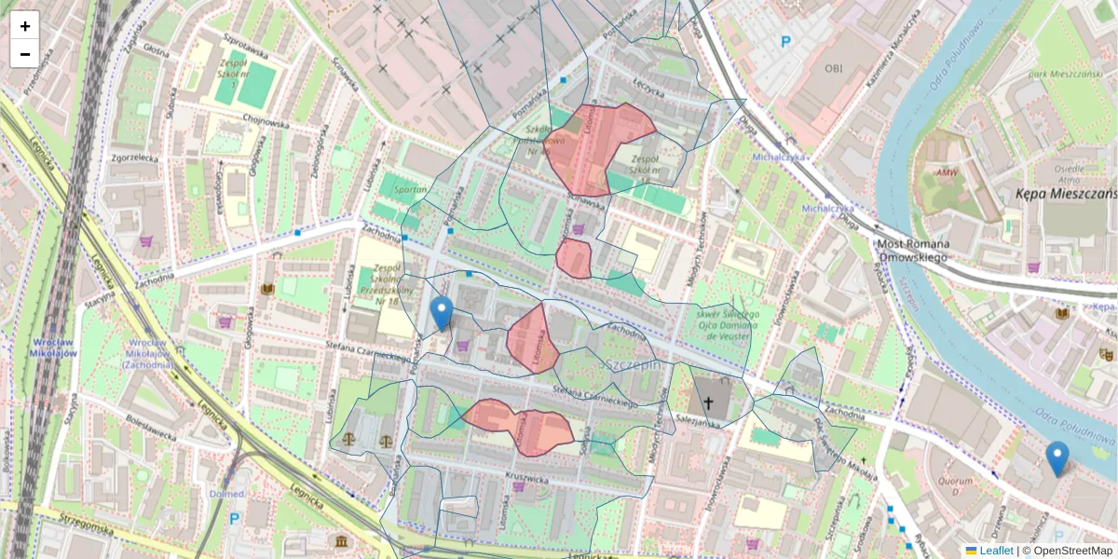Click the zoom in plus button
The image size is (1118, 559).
coord(24,26)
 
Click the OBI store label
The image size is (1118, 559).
coord(833,68)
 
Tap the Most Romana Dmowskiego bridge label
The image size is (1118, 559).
coord(912,250)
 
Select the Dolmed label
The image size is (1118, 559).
coord(226,494)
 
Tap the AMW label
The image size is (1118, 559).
coord(947,171)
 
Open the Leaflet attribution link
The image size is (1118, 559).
coord(996,551)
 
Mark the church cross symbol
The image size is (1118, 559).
coord(708,403)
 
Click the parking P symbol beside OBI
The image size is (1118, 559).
coord(785,42)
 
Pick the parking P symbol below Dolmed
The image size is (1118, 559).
coord(234,519)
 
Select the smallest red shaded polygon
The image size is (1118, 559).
coord(574,258)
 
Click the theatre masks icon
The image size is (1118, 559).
coord(1106,354)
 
